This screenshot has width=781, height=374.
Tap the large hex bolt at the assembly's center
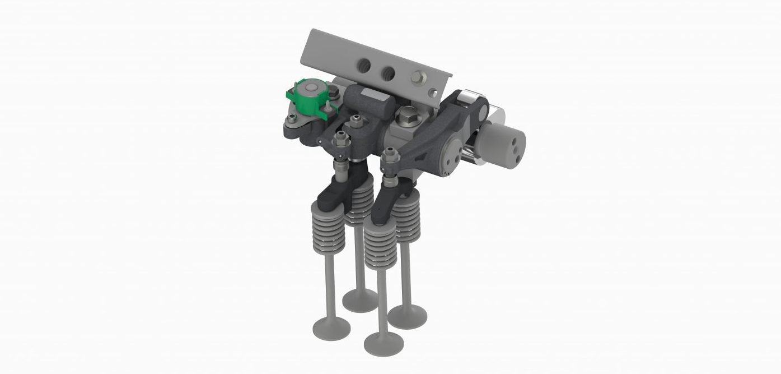coord(405,119)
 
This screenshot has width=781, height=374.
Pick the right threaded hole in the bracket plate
coord(387,72)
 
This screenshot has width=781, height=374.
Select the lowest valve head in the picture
coord(384,343)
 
